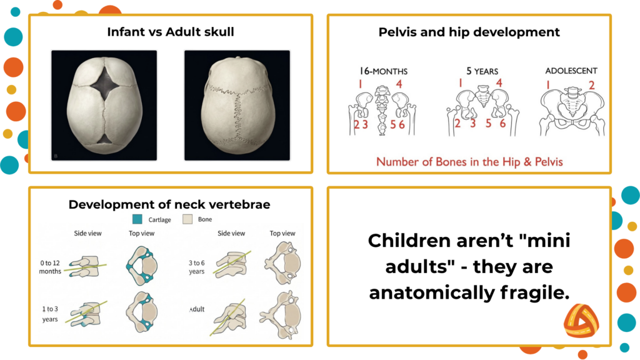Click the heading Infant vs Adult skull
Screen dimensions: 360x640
pos(170,31)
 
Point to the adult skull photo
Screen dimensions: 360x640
pos(237,104)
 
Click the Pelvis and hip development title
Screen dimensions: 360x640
pos(469,31)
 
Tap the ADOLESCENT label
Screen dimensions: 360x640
pos(571,71)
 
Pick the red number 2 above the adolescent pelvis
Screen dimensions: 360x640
pos(591,84)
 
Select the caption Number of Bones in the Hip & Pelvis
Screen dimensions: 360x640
pos(469,162)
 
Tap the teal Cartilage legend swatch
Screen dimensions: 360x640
pos(138,219)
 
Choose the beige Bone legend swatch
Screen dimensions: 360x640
pos(187,219)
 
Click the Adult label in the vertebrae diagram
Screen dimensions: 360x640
pos(197,309)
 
